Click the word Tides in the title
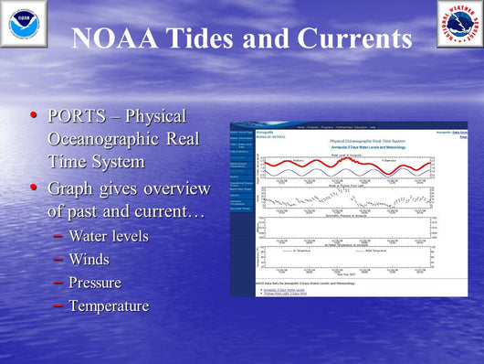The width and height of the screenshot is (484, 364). coord(223,39)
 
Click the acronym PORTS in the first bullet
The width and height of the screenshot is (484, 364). coord(70,118)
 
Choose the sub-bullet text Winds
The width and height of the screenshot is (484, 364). coord(89,260)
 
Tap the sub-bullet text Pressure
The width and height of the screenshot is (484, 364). coord(94,283)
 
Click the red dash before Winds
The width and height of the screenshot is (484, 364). coord(58,260)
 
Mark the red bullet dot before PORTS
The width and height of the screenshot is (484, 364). coord(35,116)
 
